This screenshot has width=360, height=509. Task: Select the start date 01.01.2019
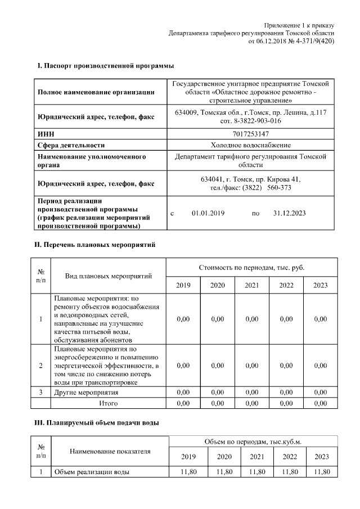point(208,213)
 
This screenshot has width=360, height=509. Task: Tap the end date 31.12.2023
point(289,213)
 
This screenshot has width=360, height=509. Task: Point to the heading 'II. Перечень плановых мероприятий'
point(95,245)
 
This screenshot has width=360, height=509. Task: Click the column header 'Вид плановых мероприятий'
point(109,276)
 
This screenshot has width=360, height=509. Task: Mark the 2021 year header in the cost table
point(251,285)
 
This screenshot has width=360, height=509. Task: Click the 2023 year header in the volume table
point(321,456)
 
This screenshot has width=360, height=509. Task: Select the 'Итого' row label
point(108,403)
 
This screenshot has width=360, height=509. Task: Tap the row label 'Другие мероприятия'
point(85,392)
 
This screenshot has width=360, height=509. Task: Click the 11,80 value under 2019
point(188,472)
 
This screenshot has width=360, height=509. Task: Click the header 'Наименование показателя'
point(110,451)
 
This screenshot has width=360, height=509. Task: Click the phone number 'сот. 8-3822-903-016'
point(250,121)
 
